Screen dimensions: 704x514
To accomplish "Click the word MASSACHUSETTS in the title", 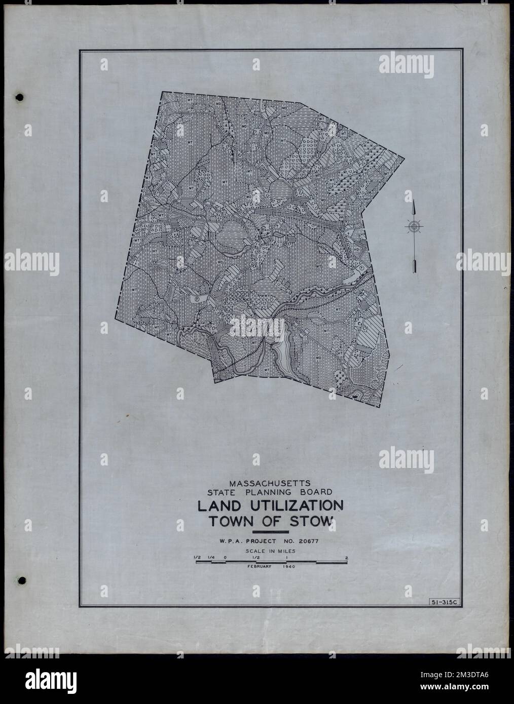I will [x=270, y=483].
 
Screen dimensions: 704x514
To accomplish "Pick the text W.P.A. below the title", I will [x=231, y=541].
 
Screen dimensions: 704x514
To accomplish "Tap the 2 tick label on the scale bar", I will [x=346, y=558].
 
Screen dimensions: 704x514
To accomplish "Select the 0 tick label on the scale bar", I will [x=225, y=558].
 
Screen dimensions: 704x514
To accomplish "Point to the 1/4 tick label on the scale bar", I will [x=210, y=558].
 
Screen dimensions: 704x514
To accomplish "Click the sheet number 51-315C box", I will [x=443, y=601].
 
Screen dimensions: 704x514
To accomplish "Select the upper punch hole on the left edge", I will [x=20, y=96].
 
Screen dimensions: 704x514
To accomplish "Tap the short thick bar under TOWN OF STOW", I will [x=270, y=532].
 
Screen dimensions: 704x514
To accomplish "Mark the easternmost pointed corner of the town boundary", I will [x=404, y=158].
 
